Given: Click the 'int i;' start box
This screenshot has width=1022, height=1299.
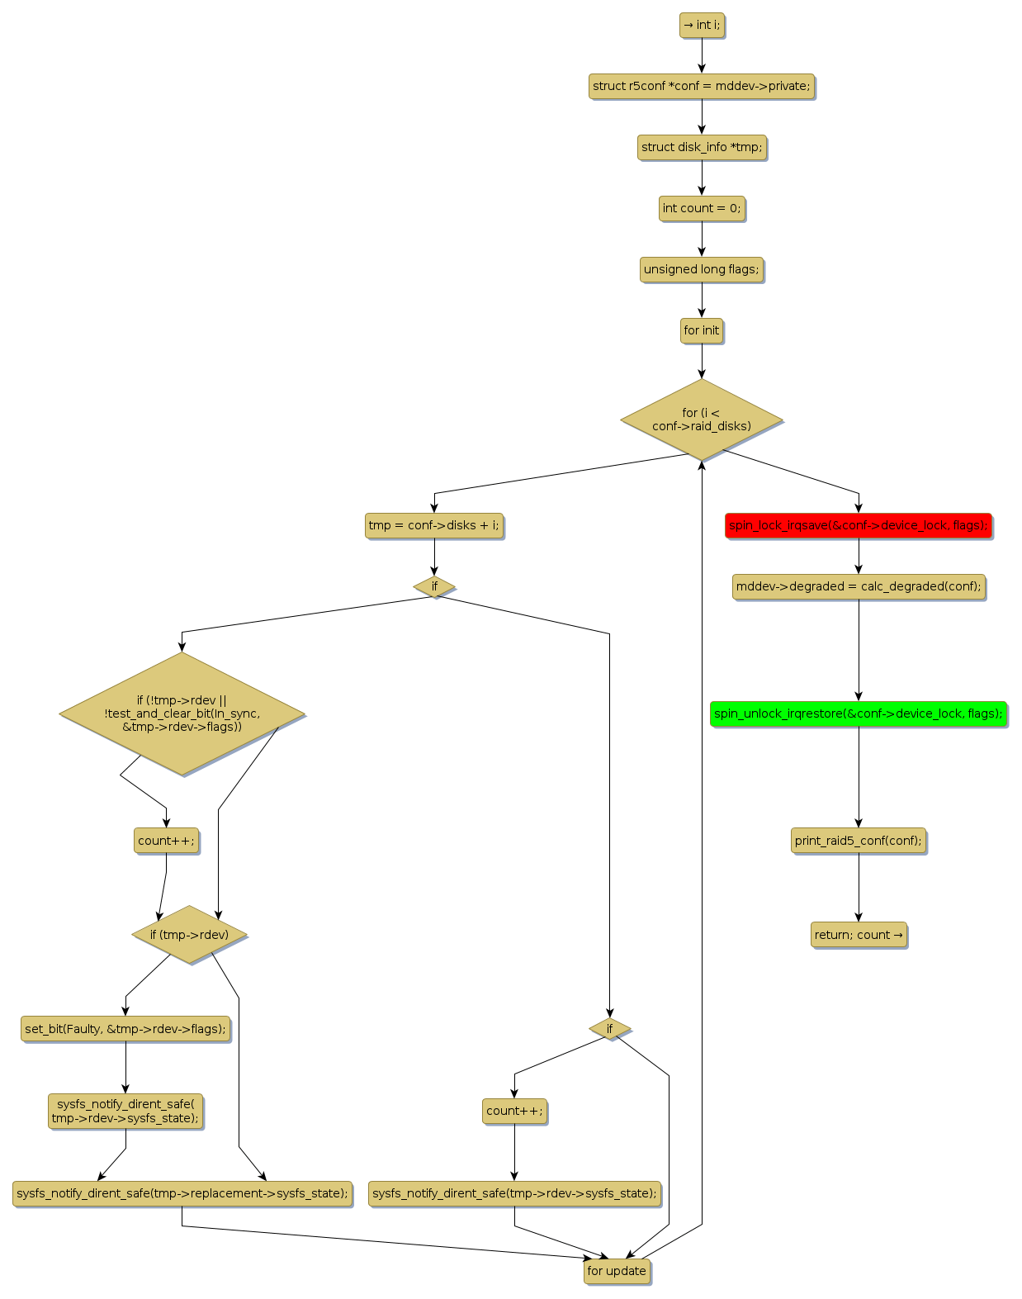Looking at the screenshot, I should click(x=702, y=26).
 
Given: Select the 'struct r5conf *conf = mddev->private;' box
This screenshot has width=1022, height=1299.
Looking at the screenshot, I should click(x=702, y=86).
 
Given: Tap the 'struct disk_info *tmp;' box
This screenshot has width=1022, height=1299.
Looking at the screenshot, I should click(x=702, y=147).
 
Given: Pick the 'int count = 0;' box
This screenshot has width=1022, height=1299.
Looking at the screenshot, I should click(x=702, y=208).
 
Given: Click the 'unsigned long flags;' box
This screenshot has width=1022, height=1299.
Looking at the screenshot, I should click(x=702, y=269).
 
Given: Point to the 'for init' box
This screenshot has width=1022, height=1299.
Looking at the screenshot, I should click(x=702, y=330).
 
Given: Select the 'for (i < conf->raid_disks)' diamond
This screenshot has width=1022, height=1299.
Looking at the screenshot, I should click(x=702, y=420).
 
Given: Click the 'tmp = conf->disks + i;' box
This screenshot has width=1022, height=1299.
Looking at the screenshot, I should click(x=434, y=525).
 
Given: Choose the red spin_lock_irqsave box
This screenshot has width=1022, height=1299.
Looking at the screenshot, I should click(x=858, y=525).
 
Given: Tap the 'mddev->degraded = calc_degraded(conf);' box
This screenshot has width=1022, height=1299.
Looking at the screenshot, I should click(x=859, y=586).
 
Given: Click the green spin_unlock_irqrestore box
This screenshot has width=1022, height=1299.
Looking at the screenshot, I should click(x=859, y=714).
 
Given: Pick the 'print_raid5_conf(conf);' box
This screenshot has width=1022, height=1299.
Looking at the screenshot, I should click(x=859, y=841).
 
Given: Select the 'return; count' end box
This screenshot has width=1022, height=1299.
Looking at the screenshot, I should click(x=859, y=935).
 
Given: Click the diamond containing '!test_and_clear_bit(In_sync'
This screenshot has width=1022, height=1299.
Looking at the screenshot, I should click(x=182, y=714).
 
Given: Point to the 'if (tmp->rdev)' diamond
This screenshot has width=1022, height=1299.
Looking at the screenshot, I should click(x=190, y=935).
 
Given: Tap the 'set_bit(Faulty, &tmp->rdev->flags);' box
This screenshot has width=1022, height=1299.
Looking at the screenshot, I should click(x=125, y=1029).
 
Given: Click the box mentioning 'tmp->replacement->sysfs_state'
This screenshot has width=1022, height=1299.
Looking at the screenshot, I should click(x=182, y=1193).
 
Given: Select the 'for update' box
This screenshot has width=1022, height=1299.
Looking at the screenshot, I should click(x=617, y=1271).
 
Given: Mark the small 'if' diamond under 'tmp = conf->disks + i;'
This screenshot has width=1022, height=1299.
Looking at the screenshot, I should click(x=434, y=586).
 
